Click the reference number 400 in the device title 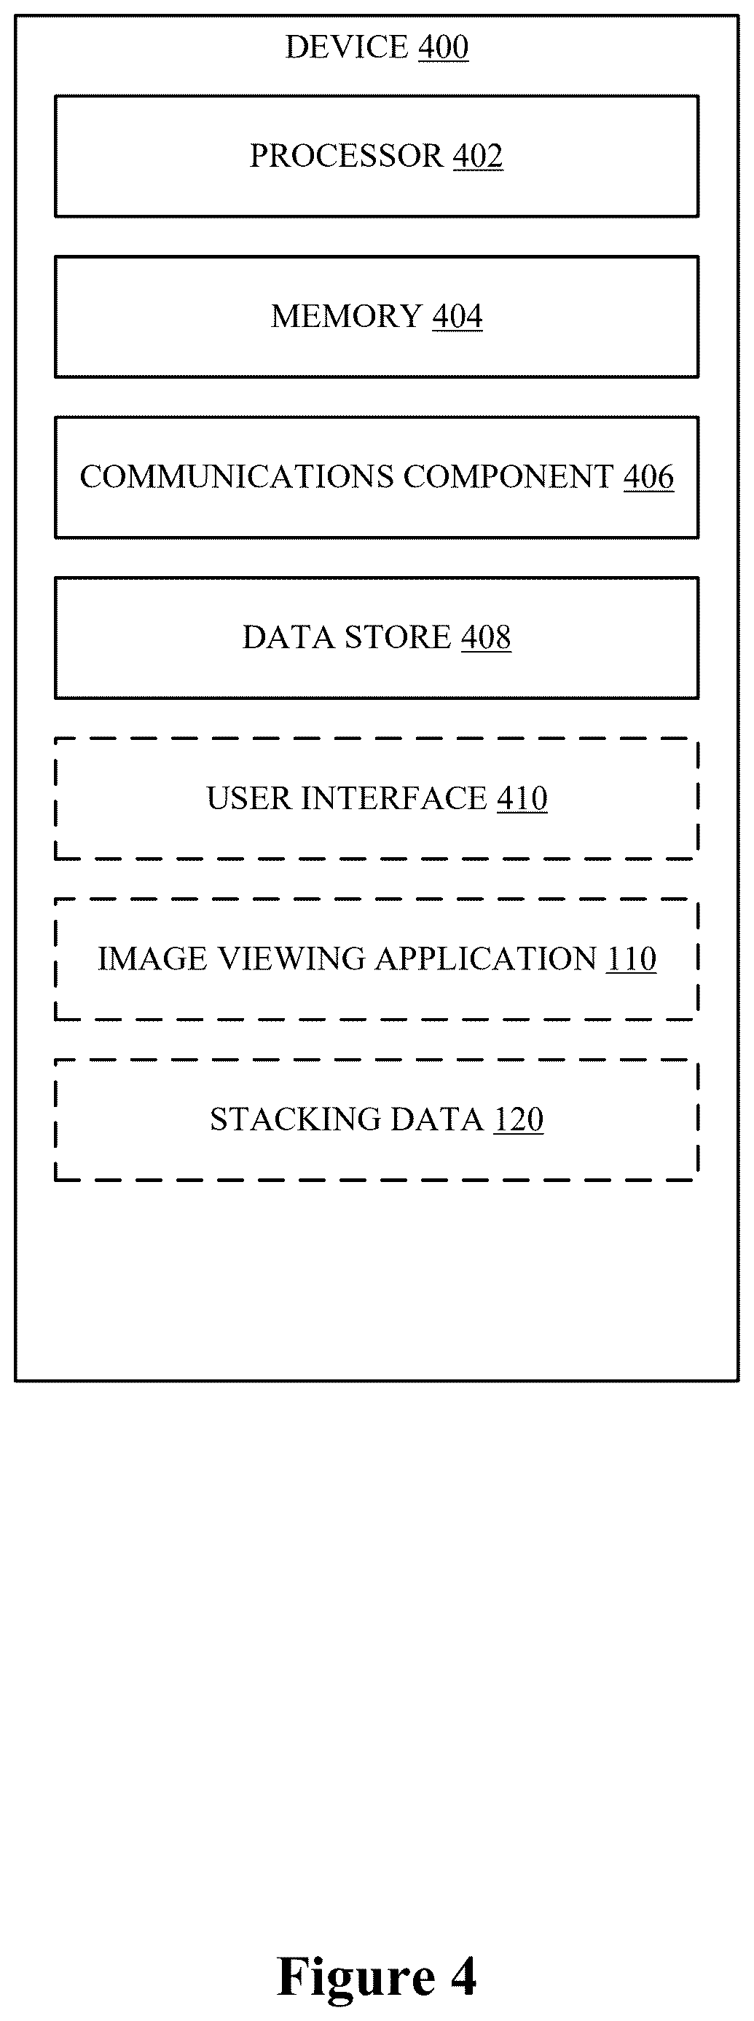pos(444,47)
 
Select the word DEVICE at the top pos(346,47)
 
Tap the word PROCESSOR pos(346,155)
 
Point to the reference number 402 pos(478,155)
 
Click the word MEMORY pos(347,316)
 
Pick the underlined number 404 pos(457,316)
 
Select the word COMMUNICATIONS pos(237,476)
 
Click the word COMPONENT pos(508,476)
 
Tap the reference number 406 pos(649,476)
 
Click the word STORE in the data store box pos(398,637)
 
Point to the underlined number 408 pos(486,637)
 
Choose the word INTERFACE pos(395,798)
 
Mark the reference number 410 pos(522,798)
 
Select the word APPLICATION pos(487,958)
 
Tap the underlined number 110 pos(632,958)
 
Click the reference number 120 pos(519,1119)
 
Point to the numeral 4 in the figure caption pos(463,1976)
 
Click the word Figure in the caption pos(357,1977)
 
